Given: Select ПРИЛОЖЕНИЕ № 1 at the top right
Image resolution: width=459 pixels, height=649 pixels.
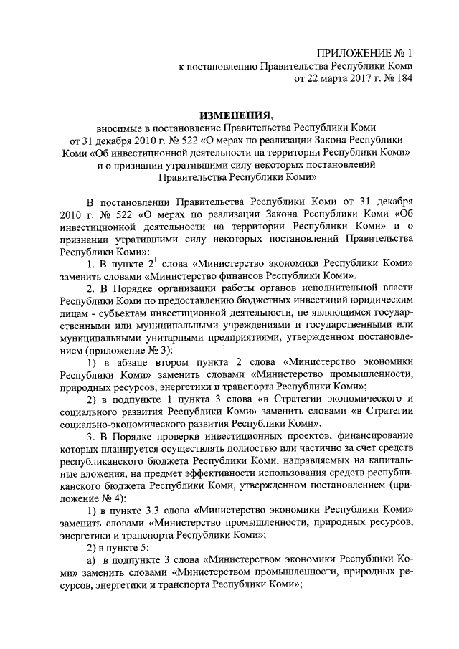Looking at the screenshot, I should (x=365, y=52).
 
